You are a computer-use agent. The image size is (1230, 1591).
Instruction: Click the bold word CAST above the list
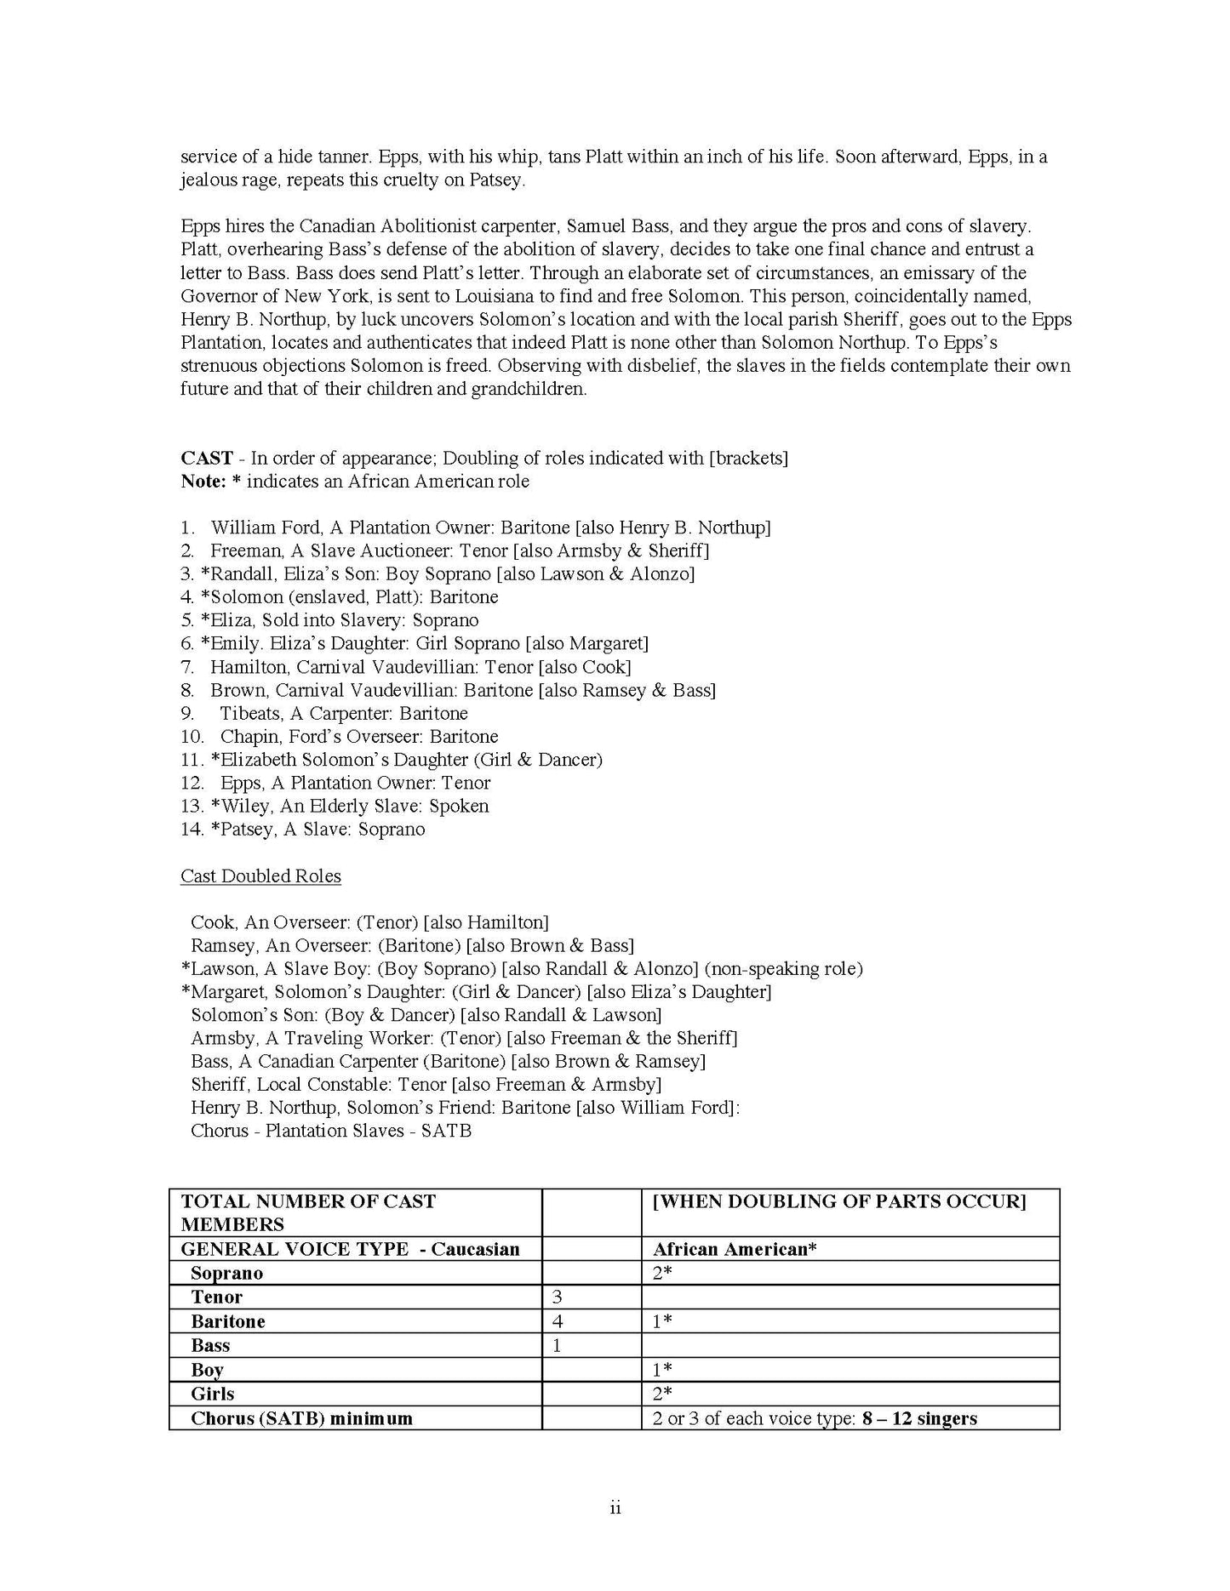[x=206, y=459]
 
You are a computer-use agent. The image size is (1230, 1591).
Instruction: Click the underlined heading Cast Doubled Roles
[x=260, y=876]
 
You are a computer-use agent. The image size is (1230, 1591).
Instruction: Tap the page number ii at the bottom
[x=615, y=1508]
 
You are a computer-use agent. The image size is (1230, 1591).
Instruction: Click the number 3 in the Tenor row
[x=558, y=1297]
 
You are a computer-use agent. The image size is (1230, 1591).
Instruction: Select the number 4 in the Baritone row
[x=558, y=1321]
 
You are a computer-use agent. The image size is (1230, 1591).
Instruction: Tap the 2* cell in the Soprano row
[x=662, y=1274]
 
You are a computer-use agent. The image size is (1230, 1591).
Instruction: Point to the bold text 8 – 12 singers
[x=919, y=1418]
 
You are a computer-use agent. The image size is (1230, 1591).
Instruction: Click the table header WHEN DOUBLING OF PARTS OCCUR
[x=839, y=1201]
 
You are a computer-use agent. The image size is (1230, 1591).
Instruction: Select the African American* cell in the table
[x=735, y=1249]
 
